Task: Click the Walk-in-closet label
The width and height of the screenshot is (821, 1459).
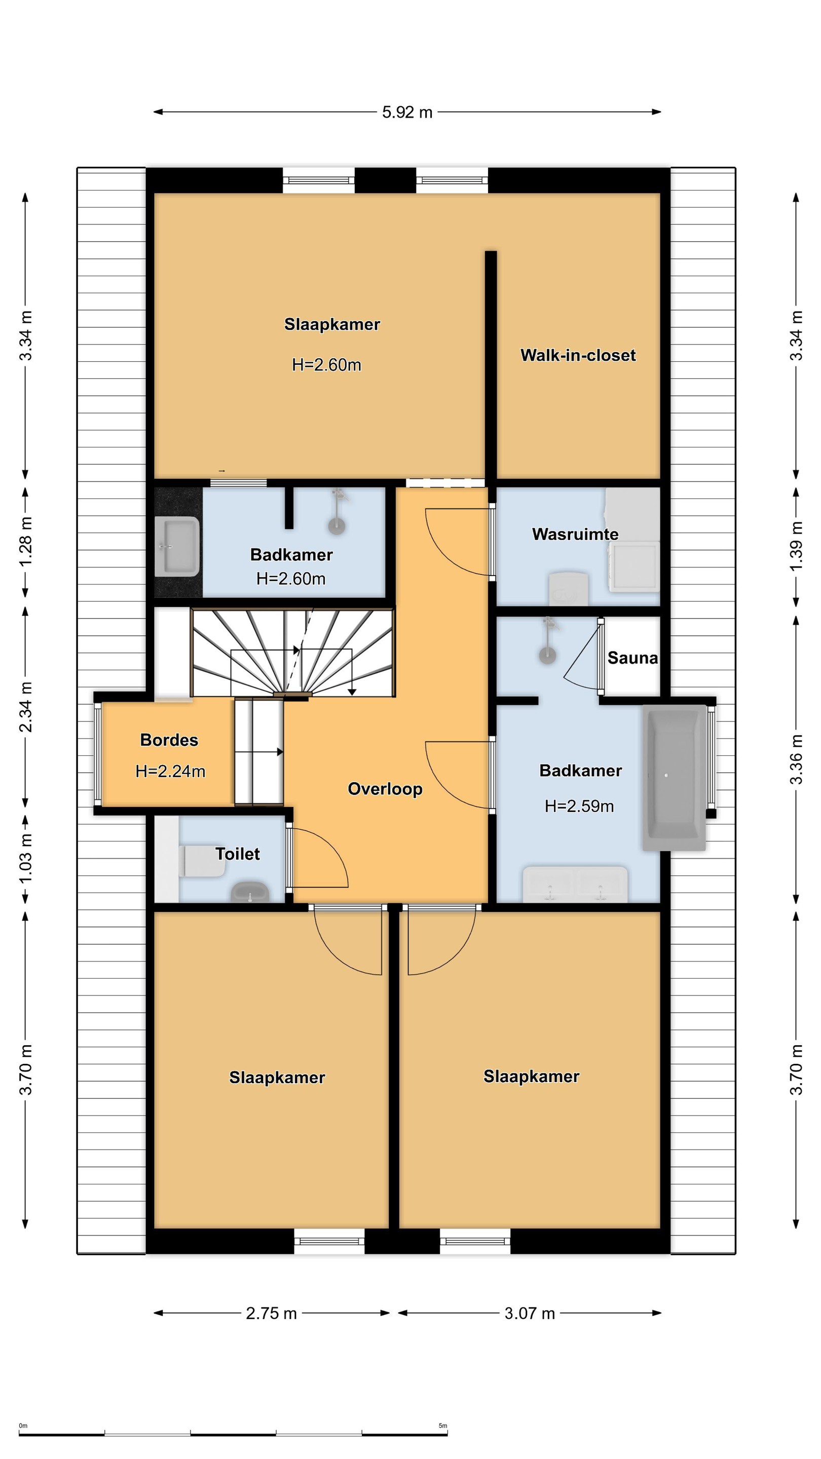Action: click(x=577, y=355)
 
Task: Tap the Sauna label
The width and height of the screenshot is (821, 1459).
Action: click(x=632, y=658)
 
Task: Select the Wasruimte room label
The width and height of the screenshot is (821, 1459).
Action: click(x=575, y=534)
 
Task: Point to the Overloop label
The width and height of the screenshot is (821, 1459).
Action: click(x=385, y=789)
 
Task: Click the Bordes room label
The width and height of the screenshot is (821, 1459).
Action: click(x=169, y=740)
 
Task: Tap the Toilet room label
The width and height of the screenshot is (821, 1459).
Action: click(x=237, y=854)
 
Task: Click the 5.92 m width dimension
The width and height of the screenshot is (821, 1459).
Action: click(x=407, y=112)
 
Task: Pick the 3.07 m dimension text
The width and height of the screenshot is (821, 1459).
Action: click(x=530, y=1314)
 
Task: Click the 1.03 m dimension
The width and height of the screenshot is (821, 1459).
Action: click(x=25, y=859)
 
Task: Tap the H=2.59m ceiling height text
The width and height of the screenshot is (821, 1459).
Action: click(x=579, y=806)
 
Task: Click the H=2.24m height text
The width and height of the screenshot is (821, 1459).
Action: click(x=170, y=771)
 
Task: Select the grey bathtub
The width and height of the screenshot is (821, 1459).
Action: click(x=674, y=777)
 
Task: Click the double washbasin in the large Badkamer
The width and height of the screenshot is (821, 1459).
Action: click(x=575, y=884)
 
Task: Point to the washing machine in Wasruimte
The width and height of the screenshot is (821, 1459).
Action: click(x=634, y=566)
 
